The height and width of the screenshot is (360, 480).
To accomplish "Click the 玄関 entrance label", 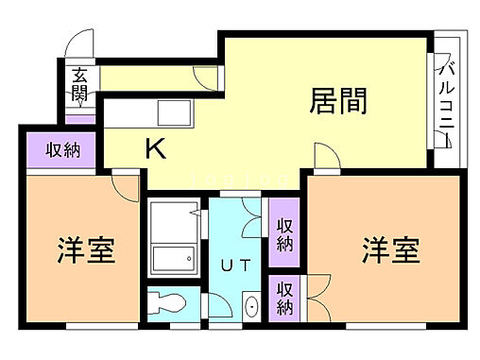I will point(79,85).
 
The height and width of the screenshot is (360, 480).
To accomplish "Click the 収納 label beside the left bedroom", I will point(59,150).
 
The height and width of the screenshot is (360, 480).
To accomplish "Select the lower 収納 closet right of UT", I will point(283,298).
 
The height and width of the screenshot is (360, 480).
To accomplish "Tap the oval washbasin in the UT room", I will point(252,307).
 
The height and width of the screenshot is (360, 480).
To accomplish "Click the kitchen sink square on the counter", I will point(175,113).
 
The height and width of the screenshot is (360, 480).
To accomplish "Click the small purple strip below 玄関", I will point(79,119).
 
